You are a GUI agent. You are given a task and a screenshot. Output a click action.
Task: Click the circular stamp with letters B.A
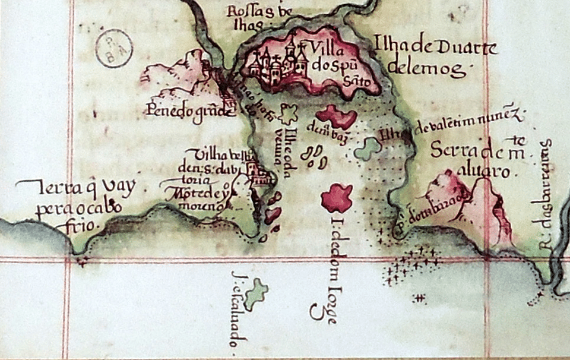click(x=113, y=48)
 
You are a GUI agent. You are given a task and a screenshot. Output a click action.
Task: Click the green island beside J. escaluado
click(x=256, y=294)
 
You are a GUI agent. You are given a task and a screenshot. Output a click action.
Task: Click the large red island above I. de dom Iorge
click(x=337, y=198)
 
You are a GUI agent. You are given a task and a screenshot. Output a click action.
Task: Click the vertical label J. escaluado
click(x=239, y=309)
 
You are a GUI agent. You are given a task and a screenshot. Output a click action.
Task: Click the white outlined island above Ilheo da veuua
click(x=290, y=112)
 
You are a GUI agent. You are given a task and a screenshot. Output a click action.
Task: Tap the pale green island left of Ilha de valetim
click(x=368, y=148)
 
